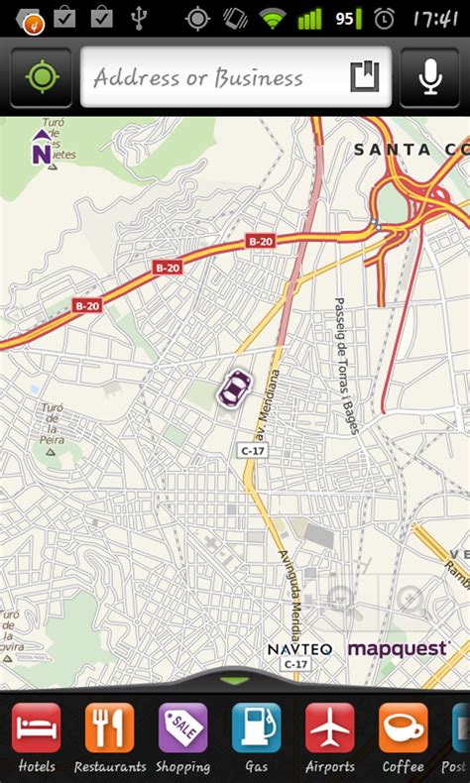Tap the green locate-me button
tap(41, 77)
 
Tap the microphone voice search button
tap(430, 77)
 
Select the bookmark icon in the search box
tap(364, 76)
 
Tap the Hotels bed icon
tap(36, 728)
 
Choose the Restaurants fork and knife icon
tap(109, 728)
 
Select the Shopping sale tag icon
tap(182, 728)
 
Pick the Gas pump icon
tap(256, 728)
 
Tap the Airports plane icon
tap(329, 728)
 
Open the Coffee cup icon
tap(403, 728)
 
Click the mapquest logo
tap(399, 648)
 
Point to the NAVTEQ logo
tap(299, 649)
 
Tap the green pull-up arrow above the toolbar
tap(235, 681)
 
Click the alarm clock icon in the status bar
tap(385, 18)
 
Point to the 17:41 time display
tap(434, 18)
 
